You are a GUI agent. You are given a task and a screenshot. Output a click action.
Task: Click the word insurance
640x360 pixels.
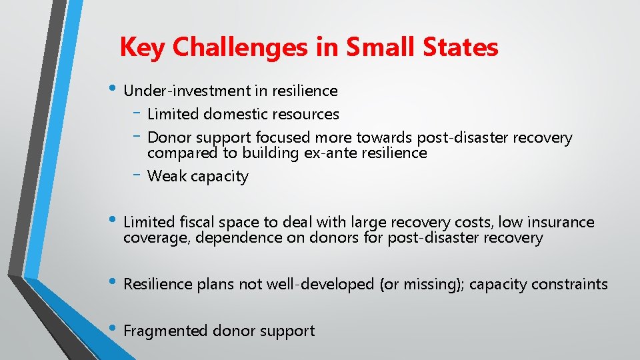(x=561, y=222)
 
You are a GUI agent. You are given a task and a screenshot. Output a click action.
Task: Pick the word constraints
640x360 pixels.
(x=571, y=285)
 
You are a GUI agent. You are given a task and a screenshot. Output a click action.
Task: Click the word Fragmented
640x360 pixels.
(x=166, y=331)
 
